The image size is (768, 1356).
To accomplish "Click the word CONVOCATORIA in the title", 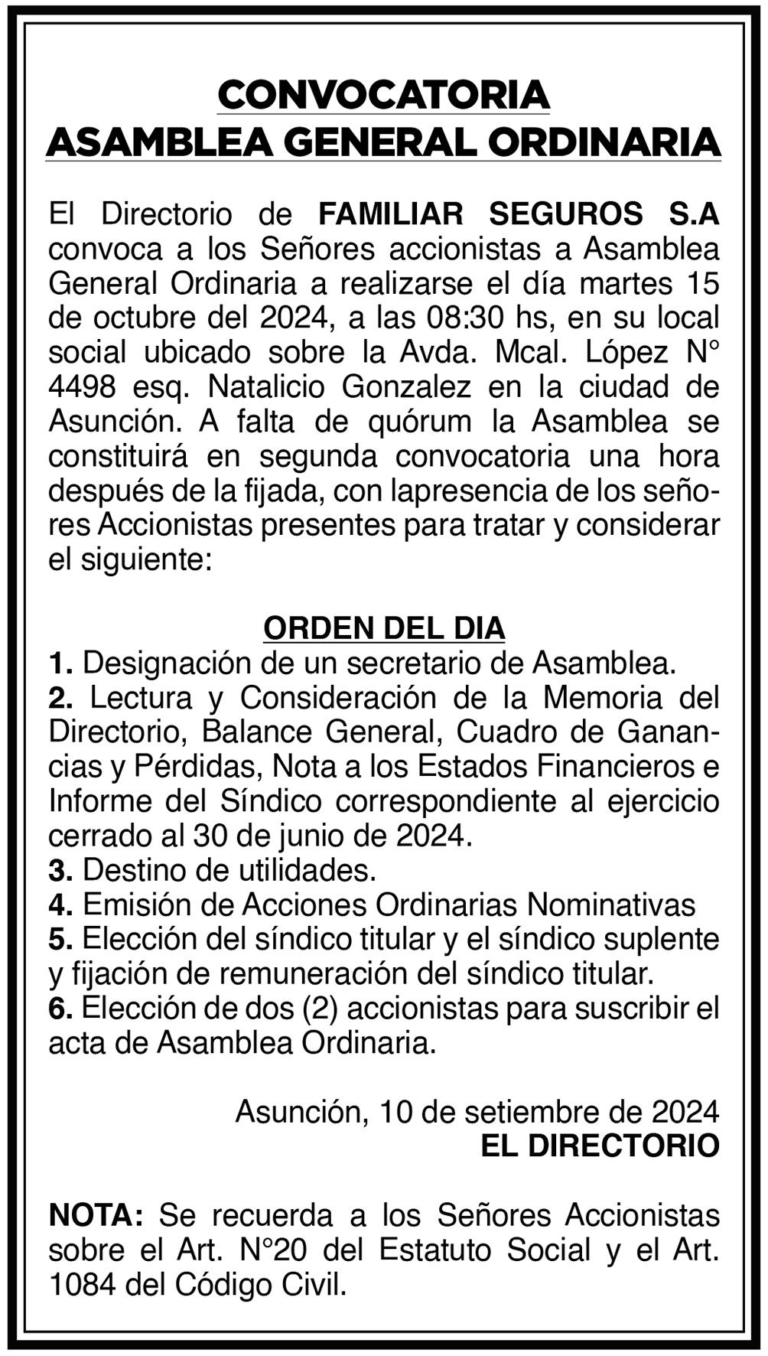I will point(383,96).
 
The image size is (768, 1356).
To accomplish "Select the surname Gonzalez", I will point(406,387).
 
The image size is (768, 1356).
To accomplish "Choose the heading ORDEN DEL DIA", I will point(384,628).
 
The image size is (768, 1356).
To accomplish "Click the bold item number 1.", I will point(60,663).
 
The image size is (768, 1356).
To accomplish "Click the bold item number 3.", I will point(60,870).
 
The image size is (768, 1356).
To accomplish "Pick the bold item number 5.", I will point(60,939).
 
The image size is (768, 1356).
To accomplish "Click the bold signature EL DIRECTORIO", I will point(600,1146).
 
